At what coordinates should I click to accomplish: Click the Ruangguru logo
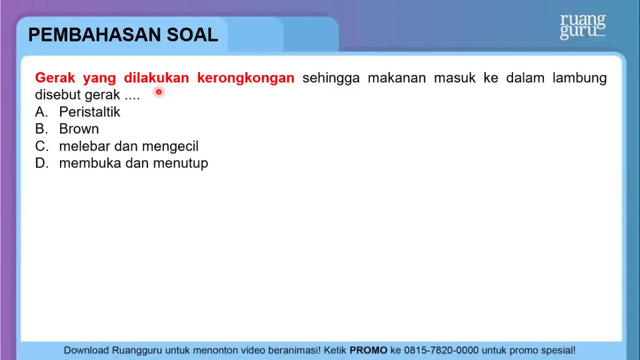(x=583, y=26)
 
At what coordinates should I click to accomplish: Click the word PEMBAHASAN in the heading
(x=95, y=35)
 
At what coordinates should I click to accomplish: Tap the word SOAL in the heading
(x=192, y=35)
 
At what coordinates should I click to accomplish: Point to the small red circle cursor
(x=159, y=92)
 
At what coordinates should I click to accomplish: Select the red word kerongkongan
(x=246, y=78)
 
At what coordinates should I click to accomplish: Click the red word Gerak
(x=55, y=77)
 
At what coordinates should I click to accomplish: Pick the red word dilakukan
(x=156, y=77)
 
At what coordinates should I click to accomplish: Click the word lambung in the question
(x=579, y=78)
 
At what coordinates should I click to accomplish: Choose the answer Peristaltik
(x=90, y=112)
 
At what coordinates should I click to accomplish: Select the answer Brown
(x=79, y=129)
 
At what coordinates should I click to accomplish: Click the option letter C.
(x=41, y=146)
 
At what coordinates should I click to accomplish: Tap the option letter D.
(x=41, y=163)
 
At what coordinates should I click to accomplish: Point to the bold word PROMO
(x=368, y=350)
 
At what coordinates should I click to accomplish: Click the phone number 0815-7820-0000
(x=441, y=350)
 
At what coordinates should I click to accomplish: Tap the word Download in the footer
(x=86, y=350)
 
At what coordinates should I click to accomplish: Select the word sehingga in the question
(x=331, y=78)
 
